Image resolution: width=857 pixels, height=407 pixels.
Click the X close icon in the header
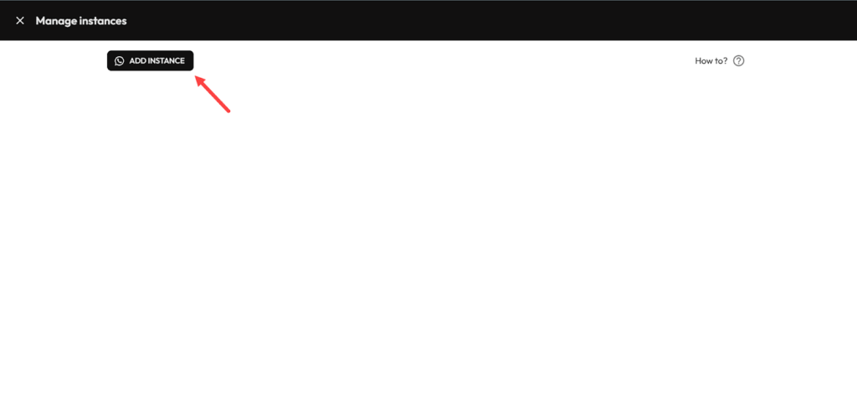click(20, 20)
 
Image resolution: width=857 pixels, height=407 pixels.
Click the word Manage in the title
click(55, 20)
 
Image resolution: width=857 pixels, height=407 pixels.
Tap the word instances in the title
click(103, 20)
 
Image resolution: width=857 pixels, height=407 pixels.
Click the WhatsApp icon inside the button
click(120, 61)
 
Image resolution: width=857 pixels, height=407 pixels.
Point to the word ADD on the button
click(137, 61)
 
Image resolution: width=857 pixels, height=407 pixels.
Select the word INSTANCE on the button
click(167, 61)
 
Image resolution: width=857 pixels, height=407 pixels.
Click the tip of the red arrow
click(197, 77)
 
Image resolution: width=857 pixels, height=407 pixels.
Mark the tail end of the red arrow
click(229, 111)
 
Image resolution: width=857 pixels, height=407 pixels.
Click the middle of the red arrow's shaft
click(213, 95)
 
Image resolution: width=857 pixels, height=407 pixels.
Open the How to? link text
click(711, 61)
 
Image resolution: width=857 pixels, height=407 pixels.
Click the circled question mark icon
click(738, 61)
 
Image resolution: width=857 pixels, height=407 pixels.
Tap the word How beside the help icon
click(704, 61)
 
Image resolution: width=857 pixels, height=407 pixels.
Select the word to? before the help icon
click(721, 61)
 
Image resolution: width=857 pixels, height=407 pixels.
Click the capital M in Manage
click(40, 20)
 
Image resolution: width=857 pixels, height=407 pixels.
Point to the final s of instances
click(124, 20)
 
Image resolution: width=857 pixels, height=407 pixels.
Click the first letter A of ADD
click(132, 61)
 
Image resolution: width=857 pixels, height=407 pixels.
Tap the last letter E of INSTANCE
click(182, 61)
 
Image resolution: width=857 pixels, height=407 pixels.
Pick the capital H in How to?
click(699, 61)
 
